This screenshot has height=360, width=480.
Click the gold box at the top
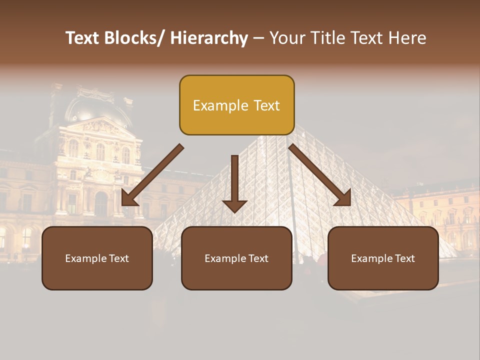coord(236,105)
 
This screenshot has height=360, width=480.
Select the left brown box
coord(97,258)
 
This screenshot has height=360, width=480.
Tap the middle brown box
coord(236,258)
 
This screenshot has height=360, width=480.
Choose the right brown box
coord(383,258)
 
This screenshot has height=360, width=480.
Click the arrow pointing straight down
coord(234,182)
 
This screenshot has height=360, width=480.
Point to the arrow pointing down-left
coord(152,175)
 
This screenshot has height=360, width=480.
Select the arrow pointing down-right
coord(320,175)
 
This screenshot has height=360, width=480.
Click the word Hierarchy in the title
coord(209,38)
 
